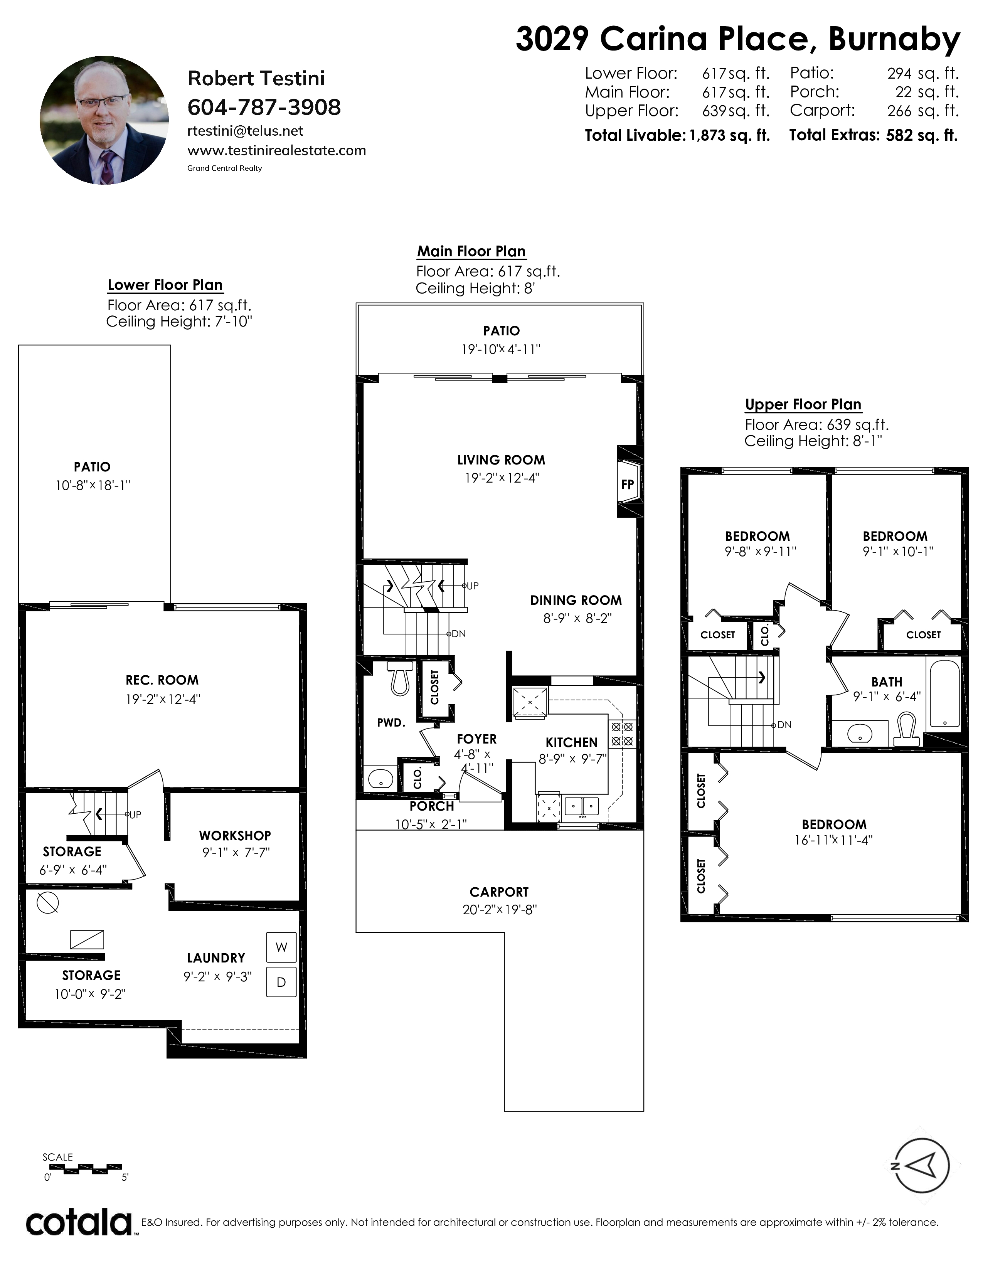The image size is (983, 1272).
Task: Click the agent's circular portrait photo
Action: coord(104,120)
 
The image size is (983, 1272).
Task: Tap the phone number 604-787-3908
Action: coord(264,107)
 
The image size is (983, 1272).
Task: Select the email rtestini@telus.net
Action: coord(245,131)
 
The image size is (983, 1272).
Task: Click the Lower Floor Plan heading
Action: coord(165,285)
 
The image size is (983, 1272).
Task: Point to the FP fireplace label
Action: coord(627,484)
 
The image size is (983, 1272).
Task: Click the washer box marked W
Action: coord(281,947)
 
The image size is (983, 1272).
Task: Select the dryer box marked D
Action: coord(281,982)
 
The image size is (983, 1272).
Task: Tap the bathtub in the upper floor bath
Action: coord(944,693)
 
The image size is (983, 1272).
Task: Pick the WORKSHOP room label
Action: coord(235,836)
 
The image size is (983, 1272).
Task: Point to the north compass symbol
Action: coord(921,1166)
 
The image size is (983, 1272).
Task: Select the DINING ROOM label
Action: coord(576,601)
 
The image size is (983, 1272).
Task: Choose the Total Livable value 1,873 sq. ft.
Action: coord(730,136)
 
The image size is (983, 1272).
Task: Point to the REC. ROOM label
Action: coord(162,680)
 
